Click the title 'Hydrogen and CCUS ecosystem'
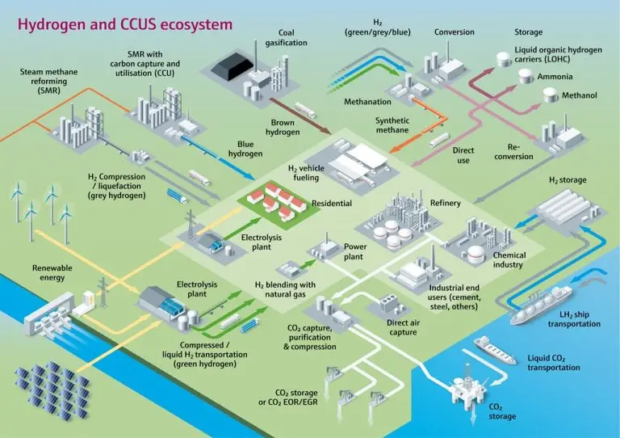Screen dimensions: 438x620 pos(124,24)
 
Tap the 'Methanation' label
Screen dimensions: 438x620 pos(367,103)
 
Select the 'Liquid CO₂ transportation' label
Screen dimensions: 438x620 pos(553,362)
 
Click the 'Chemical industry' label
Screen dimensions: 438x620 pos(509,260)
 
